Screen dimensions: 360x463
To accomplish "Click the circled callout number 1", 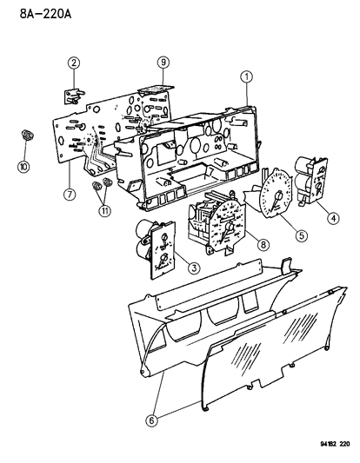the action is point(246,76).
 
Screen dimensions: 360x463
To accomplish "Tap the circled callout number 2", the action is point(74,63).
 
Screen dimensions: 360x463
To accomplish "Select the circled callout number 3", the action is point(194,268).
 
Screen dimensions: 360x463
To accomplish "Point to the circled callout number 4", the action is point(333,218).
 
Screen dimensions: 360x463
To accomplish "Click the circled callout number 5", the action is point(302,235).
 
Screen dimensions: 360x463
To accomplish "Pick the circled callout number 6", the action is point(151,420).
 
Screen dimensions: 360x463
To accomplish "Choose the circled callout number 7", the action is point(70,195).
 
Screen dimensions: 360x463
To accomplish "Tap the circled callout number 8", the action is point(263,244).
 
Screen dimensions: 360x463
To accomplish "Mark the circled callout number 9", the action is point(163,63).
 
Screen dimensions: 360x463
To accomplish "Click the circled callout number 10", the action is point(23,167).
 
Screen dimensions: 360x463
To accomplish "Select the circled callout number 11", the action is point(105,211).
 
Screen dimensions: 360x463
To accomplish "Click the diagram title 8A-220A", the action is point(46,14).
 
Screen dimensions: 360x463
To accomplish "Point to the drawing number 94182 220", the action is point(335,444).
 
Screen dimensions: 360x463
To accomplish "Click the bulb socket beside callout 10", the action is point(27,136).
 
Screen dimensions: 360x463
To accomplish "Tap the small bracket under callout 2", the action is point(74,96).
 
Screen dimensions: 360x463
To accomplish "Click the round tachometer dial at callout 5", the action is point(273,194).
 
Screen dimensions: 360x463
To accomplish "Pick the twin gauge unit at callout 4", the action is point(311,180).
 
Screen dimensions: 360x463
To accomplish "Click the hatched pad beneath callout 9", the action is point(156,89).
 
